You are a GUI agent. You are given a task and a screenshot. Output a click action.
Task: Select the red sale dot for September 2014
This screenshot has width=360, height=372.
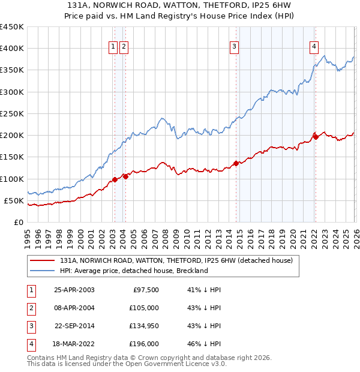click(x=236, y=163)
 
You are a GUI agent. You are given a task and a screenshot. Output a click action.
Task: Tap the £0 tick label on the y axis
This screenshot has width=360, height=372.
click(x=18, y=222)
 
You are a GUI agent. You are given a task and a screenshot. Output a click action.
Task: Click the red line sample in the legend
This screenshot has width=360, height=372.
click(x=43, y=261)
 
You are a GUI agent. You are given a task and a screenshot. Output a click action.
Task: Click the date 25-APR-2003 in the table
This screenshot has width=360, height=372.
click(x=74, y=290)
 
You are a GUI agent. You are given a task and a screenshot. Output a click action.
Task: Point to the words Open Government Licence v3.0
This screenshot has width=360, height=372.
click(x=178, y=364)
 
